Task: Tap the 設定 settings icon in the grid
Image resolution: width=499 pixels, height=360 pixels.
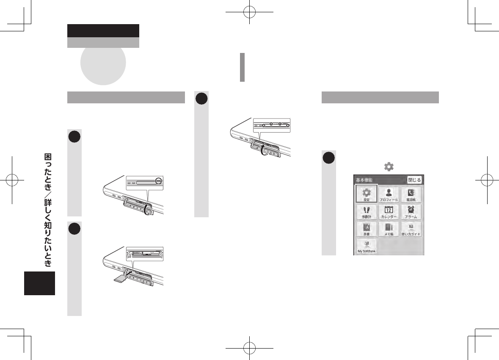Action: (366, 194)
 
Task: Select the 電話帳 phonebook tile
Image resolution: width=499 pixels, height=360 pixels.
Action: (411, 194)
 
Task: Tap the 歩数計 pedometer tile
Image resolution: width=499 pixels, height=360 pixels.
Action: (366, 212)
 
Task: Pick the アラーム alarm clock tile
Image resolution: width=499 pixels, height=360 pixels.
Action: (411, 212)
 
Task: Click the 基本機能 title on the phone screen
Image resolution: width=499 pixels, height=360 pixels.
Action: (365, 180)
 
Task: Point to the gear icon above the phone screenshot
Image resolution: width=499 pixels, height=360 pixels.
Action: (389, 167)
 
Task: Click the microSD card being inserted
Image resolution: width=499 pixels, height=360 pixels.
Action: (121, 277)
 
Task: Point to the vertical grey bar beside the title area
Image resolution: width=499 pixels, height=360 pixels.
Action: (242, 67)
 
